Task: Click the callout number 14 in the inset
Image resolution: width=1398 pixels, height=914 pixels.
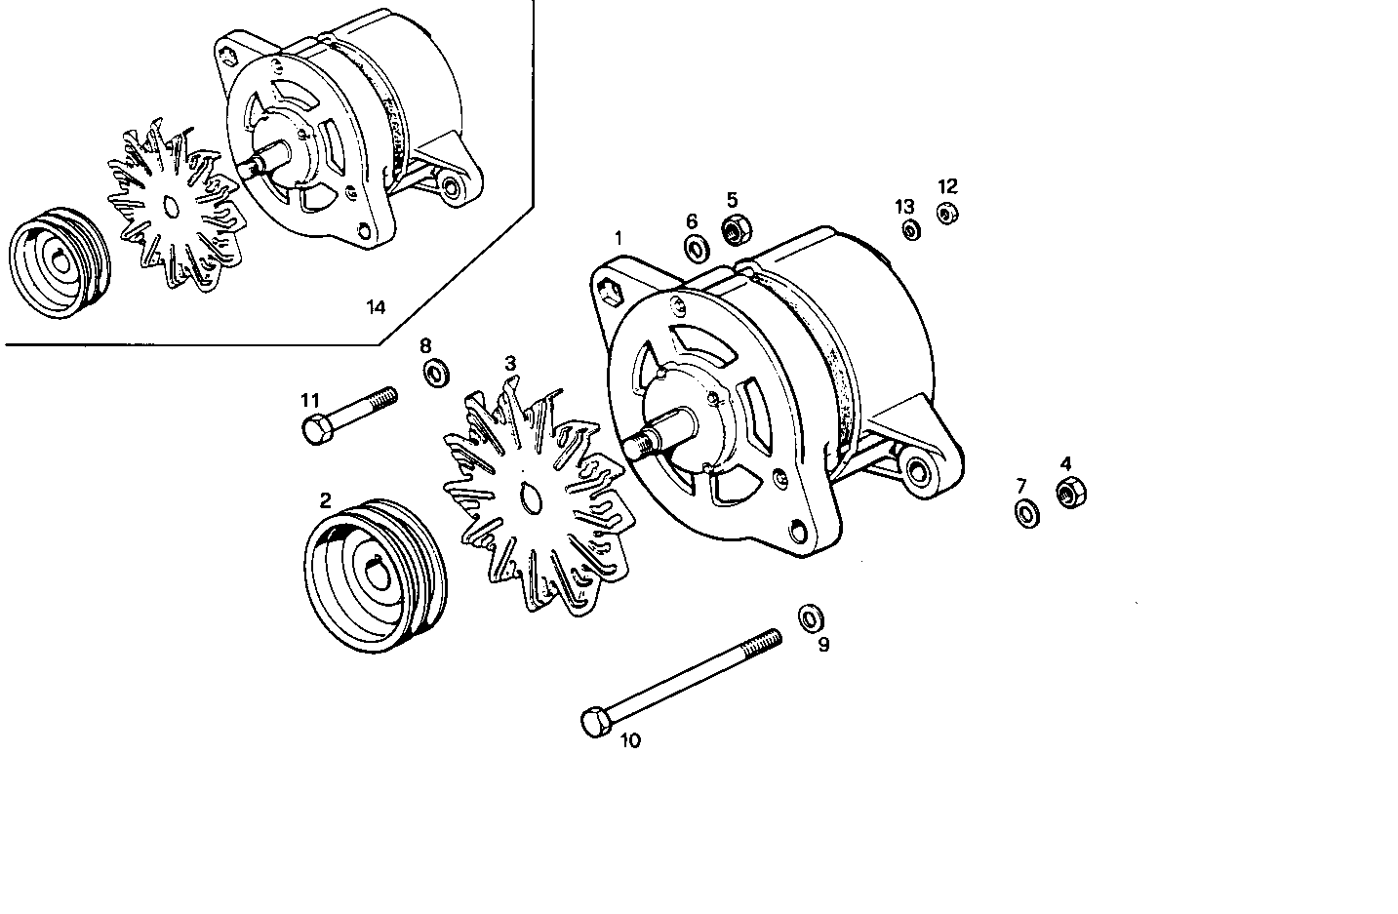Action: [x=376, y=308]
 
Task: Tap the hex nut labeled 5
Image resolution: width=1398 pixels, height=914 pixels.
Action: [x=735, y=230]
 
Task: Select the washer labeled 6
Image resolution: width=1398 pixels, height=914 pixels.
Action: [x=697, y=249]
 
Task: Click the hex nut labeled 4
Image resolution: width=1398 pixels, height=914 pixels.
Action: [x=1071, y=494]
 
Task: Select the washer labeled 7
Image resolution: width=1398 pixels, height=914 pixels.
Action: [x=1026, y=513]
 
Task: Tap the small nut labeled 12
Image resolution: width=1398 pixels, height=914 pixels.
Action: [x=946, y=213]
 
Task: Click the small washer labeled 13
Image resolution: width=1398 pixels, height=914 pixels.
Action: [x=910, y=231]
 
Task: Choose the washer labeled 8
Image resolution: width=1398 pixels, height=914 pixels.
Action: [x=435, y=373]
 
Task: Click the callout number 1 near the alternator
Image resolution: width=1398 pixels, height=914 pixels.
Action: [x=617, y=237]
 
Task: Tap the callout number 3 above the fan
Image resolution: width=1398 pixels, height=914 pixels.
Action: [x=509, y=363]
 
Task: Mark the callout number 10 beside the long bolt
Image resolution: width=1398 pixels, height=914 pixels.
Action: [x=630, y=741]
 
